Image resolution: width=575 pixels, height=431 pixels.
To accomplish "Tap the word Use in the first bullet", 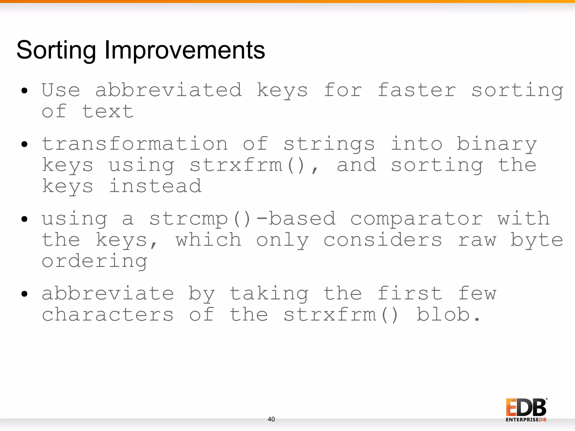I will [x=61, y=90].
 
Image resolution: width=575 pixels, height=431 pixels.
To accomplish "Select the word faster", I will [x=417, y=90].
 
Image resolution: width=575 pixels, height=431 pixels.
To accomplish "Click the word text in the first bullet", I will [x=108, y=112].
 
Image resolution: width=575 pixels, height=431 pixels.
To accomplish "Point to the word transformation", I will [x=135, y=144].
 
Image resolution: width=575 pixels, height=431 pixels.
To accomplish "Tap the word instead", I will [x=155, y=186].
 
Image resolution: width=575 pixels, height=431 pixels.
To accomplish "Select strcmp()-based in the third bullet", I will [x=242, y=219].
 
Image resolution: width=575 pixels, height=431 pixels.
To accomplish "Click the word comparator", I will [x=417, y=219].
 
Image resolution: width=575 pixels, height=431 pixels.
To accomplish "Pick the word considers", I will [x=383, y=240].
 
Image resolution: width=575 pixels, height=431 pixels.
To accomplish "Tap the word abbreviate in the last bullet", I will [x=108, y=294].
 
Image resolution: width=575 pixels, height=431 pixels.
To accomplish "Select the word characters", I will [x=108, y=315].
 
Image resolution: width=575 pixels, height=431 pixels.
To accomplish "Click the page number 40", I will [x=271, y=419].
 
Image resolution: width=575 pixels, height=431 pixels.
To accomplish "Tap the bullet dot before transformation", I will [x=24, y=144].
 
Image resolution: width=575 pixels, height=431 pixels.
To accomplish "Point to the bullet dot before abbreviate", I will [x=24, y=294].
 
